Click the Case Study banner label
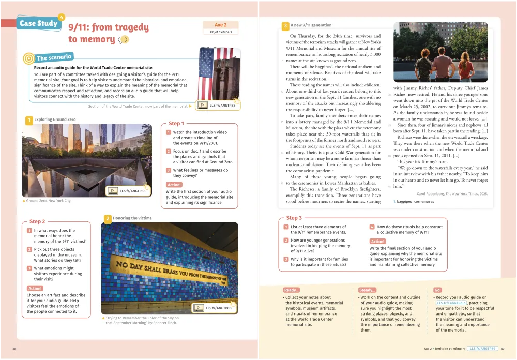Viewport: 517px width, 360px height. (x=38, y=23)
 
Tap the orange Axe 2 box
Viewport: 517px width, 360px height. (x=220, y=25)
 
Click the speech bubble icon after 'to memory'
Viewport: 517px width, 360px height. (x=124, y=40)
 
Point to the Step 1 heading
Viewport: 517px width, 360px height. (x=175, y=123)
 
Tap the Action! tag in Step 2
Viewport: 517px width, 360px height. (x=35, y=288)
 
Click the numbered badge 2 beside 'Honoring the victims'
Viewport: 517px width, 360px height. (x=108, y=219)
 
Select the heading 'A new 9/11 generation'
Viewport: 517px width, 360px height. (x=311, y=25)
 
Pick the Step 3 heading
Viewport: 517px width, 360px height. (x=294, y=218)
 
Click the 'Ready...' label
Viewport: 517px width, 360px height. (x=291, y=290)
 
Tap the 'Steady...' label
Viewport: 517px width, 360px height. (x=367, y=290)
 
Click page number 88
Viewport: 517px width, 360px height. (x=14, y=349)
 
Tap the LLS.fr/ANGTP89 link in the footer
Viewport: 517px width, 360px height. (x=482, y=349)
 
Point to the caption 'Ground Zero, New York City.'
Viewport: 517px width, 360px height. (x=48, y=201)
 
